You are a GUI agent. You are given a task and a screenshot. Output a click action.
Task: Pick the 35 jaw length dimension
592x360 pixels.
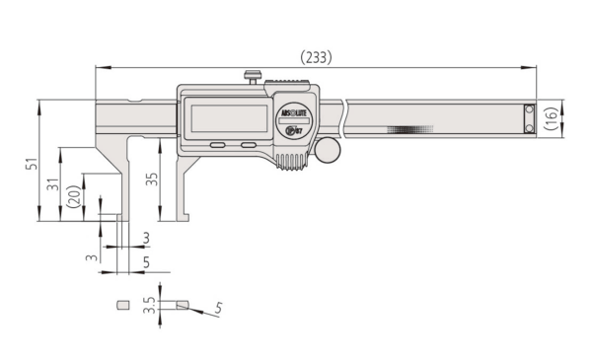151,180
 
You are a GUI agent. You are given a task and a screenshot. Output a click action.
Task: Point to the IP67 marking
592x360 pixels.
293,128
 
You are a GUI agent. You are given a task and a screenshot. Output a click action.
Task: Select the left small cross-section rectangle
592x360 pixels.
123,306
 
